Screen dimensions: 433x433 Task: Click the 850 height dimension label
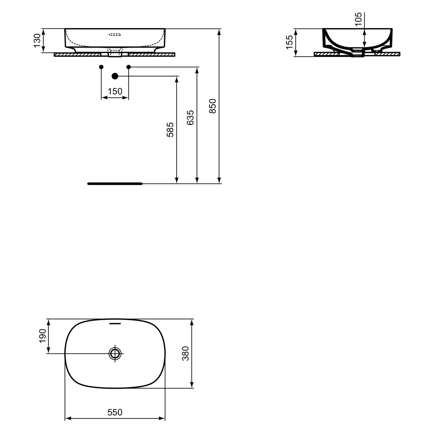pos(212,106)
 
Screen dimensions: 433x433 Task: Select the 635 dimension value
pos(190,117)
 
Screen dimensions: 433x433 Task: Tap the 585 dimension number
pos(170,130)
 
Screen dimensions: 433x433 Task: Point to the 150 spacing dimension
pos(115,91)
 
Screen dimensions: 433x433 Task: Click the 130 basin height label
pos(37,40)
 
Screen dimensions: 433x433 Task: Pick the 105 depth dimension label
pos(358,19)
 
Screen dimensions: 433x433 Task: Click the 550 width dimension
pos(115,412)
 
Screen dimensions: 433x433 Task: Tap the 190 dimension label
pos(43,336)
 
